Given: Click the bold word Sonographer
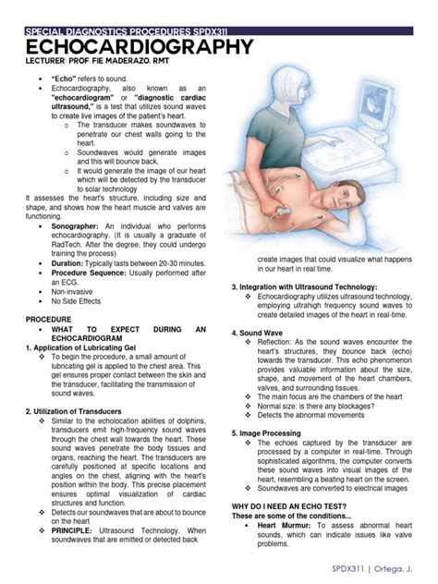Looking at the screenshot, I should pyautogui.click(x=79, y=225).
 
